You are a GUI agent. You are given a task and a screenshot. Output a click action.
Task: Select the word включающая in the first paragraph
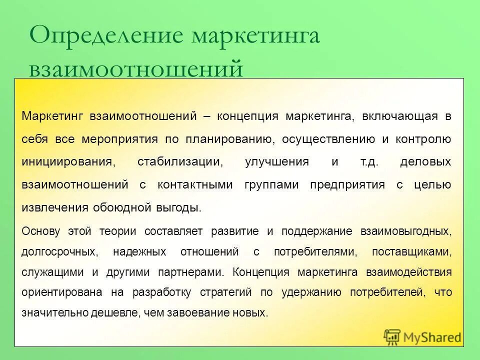(x=399, y=116)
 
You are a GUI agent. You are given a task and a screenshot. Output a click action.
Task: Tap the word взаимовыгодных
(x=405, y=231)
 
